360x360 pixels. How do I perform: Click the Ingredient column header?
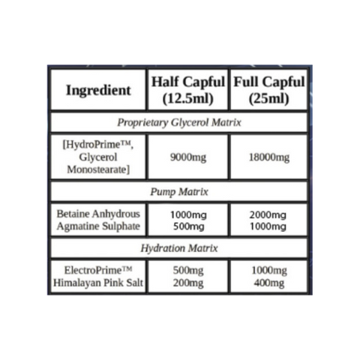point(98,90)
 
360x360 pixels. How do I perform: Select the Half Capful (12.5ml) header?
point(188,90)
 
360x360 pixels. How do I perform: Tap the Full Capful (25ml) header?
point(269,90)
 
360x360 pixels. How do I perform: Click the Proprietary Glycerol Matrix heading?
point(179,122)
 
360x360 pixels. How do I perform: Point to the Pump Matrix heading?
point(179,192)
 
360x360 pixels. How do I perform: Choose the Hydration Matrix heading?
point(179,248)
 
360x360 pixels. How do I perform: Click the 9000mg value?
point(188,157)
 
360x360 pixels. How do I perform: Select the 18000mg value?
point(269,157)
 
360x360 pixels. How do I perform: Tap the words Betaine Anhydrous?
point(98,214)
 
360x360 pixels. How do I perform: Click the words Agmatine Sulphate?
point(98,226)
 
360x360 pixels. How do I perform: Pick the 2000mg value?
point(268,214)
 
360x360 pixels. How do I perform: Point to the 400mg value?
point(269,283)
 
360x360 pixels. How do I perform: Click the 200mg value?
point(188,283)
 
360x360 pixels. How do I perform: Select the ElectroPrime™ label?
point(98,270)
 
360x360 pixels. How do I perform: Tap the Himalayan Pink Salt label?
point(98,283)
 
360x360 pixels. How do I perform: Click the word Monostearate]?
point(98,169)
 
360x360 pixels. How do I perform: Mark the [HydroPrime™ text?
point(97,145)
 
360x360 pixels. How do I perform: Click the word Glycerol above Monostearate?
point(98,157)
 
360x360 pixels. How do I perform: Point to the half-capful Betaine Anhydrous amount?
point(188,214)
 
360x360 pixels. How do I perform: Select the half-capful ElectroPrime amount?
point(188,271)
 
